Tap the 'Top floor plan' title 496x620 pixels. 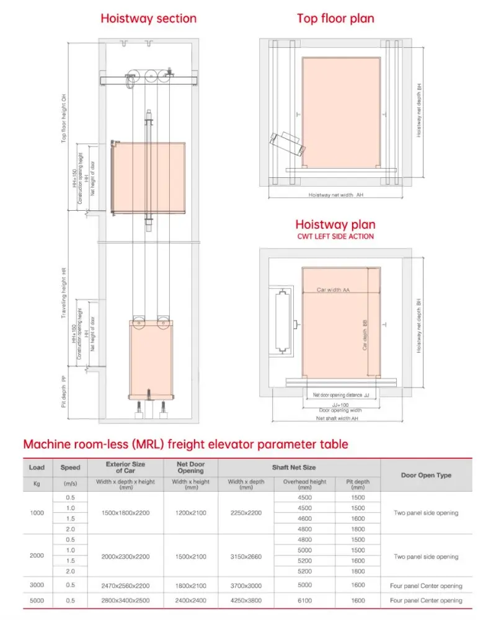pyautogui.click(x=335, y=19)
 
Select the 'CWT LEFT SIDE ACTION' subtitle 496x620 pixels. pyautogui.click(x=335, y=236)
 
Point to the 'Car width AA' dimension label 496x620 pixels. pyautogui.click(x=333, y=290)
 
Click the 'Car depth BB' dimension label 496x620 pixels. pyautogui.click(x=365, y=335)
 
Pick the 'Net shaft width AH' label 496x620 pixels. pyautogui.click(x=337, y=418)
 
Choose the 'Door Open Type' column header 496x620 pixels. pyautogui.click(x=426, y=476)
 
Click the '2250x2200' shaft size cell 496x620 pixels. pyautogui.click(x=246, y=513)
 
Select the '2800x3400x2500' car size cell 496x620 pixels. pyautogui.click(x=126, y=600)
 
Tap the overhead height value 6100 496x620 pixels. pyautogui.click(x=304, y=600)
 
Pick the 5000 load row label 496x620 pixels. pyautogui.click(x=37, y=600)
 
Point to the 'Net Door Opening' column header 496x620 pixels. pyautogui.click(x=190, y=467)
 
